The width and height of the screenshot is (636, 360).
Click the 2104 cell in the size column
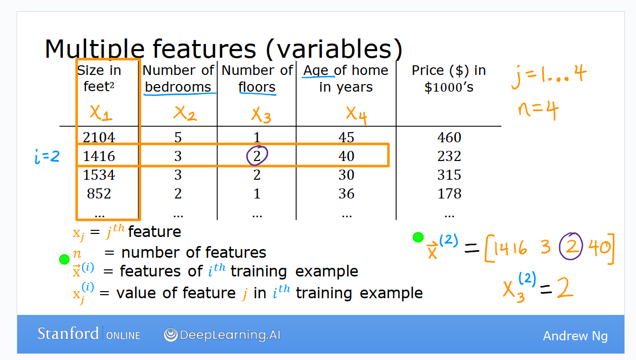(x=99, y=137)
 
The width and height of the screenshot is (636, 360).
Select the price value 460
(x=449, y=137)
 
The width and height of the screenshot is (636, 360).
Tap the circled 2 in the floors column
(x=257, y=156)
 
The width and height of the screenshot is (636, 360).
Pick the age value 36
(x=347, y=193)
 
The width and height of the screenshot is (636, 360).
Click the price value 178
(x=449, y=193)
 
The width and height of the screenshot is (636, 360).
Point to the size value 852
(x=99, y=193)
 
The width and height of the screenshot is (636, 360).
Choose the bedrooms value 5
(x=178, y=137)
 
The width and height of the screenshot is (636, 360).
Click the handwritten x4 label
(x=357, y=115)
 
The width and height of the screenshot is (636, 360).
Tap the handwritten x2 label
(x=185, y=113)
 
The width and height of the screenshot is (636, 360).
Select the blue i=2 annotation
(x=47, y=156)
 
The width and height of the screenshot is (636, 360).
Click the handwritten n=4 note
(x=538, y=110)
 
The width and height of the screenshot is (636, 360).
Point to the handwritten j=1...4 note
(x=548, y=76)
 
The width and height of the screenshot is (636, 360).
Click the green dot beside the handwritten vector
(x=418, y=237)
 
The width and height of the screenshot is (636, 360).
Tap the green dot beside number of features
(x=64, y=259)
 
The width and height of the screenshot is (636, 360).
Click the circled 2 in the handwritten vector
(x=571, y=247)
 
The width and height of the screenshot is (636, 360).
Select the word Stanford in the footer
(x=68, y=334)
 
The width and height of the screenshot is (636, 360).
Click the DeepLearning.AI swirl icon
(x=171, y=335)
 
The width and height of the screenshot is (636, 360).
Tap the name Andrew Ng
(x=575, y=336)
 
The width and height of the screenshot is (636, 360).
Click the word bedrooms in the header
(x=178, y=87)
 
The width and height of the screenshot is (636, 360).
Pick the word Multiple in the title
(x=95, y=49)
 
